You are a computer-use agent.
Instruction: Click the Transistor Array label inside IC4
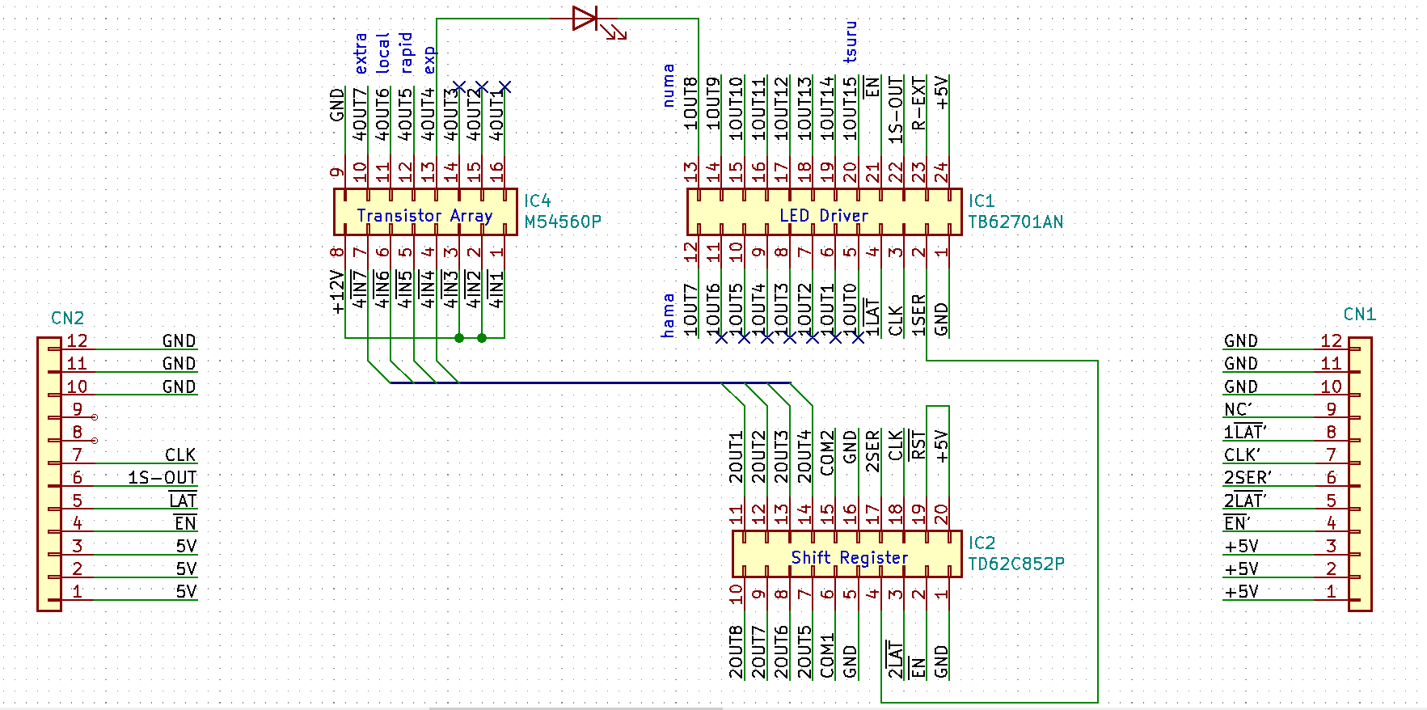tap(424, 215)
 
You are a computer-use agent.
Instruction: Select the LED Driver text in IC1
tap(823, 215)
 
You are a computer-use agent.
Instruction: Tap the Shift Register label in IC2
tap(849, 557)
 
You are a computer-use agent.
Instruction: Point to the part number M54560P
tap(563, 222)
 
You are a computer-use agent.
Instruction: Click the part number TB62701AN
tap(1015, 222)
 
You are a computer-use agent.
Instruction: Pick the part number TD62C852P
tap(1016, 564)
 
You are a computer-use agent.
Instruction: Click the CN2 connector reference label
tap(67, 318)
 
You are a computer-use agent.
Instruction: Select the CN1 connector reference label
tap(1359, 314)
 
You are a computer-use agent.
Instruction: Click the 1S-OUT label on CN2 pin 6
tap(162, 478)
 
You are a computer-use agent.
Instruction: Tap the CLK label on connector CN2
tap(180, 455)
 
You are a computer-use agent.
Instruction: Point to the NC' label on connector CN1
tap(1238, 409)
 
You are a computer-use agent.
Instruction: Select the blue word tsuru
tap(851, 42)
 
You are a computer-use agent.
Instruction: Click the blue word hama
tap(668, 315)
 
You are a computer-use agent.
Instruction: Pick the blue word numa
tap(669, 86)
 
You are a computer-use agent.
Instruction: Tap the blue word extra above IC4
tap(361, 53)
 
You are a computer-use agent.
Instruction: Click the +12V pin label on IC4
tap(338, 292)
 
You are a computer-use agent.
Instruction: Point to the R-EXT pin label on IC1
tap(918, 103)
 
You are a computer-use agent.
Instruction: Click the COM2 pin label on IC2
tap(827, 454)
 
